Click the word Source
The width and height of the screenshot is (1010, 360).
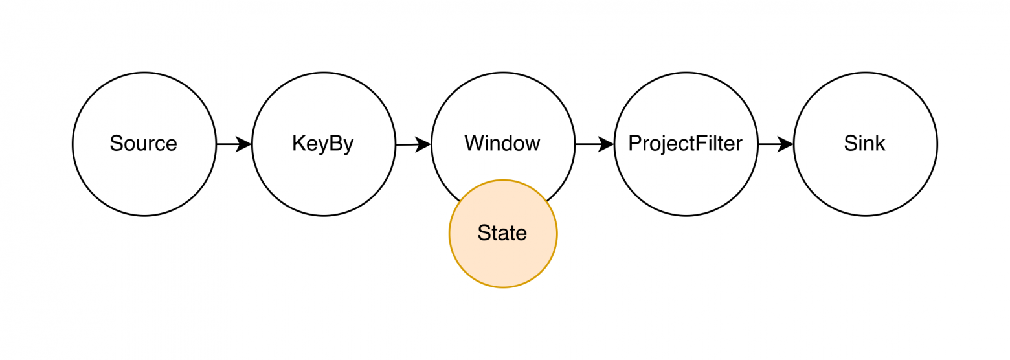(144, 143)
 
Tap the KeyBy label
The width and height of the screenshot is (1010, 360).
(323, 143)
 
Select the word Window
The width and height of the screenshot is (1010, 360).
(502, 143)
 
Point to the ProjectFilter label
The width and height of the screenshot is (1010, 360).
(686, 143)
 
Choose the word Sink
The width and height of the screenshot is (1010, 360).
(864, 143)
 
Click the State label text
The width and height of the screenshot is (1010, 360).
(502, 232)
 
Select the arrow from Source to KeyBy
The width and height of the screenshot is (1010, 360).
(234, 144)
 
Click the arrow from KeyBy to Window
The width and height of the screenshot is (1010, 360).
(413, 144)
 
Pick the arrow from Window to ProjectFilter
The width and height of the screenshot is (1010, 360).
(594, 144)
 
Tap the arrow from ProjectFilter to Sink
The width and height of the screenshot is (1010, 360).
(776, 144)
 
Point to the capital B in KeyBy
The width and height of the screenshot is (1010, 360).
(335, 142)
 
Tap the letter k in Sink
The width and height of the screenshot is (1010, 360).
(880, 142)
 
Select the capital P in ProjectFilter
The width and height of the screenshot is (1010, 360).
(635, 142)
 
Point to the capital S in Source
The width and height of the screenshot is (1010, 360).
(117, 142)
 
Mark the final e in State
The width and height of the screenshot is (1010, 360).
(522, 234)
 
